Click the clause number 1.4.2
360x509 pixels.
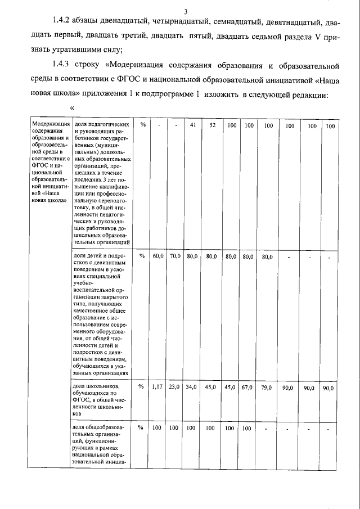coord(61,22)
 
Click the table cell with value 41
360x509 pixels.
coord(192,125)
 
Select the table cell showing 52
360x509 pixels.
coord(212,125)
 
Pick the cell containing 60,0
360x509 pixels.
coord(159,256)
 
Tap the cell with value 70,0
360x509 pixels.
coord(175,256)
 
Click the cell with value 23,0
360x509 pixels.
coord(175,388)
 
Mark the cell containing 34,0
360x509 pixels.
coord(192,388)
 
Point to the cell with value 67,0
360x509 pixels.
coord(247,388)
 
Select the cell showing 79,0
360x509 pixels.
coord(266,388)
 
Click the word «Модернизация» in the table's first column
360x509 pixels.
coord(51,125)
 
